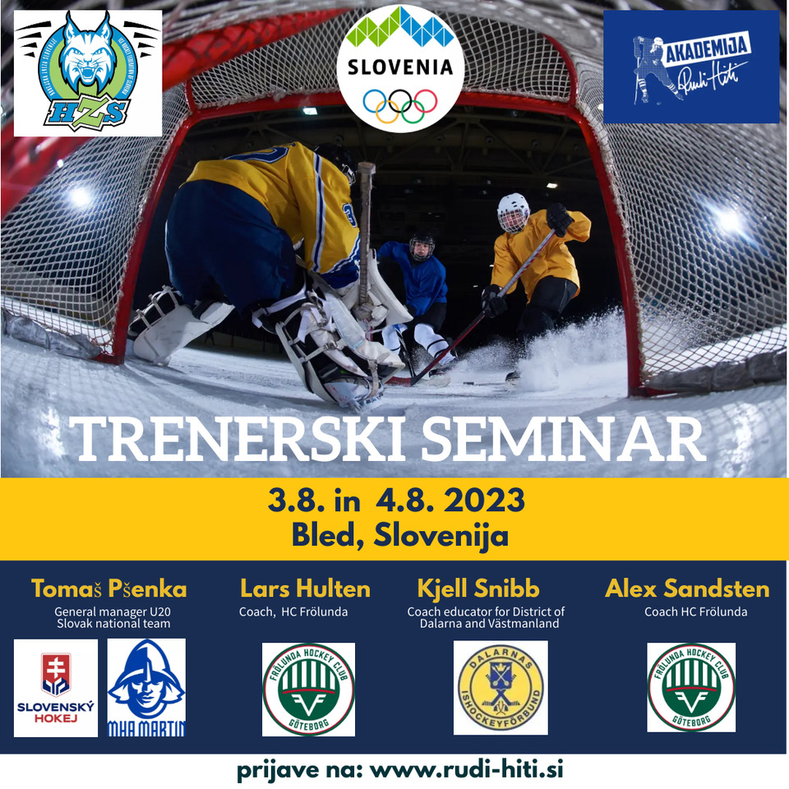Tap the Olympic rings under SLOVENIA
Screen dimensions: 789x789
click(x=400, y=104)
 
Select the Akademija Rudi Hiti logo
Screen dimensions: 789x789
click(x=691, y=67)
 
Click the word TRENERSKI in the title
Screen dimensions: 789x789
click(x=240, y=441)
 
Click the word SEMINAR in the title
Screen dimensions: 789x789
click(x=564, y=441)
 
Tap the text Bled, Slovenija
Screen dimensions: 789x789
click(x=399, y=535)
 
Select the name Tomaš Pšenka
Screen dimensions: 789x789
click(x=108, y=588)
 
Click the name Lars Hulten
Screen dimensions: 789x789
click(x=305, y=588)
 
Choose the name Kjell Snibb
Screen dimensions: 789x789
click(x=478, y=588)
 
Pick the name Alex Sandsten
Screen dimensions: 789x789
click(x=687, y=588)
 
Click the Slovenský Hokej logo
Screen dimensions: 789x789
click(x=56, y=687)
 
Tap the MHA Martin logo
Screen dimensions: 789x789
click(x=147, y=687)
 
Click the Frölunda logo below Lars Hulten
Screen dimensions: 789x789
click(x=308, y=689)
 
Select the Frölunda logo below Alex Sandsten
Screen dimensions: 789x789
click(x=691, y=687)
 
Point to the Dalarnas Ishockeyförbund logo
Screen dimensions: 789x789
click(x=501, y=687)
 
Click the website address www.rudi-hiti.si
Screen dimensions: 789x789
click(x=466, y=770)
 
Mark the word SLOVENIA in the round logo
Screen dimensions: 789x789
click(x=400, y=67)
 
